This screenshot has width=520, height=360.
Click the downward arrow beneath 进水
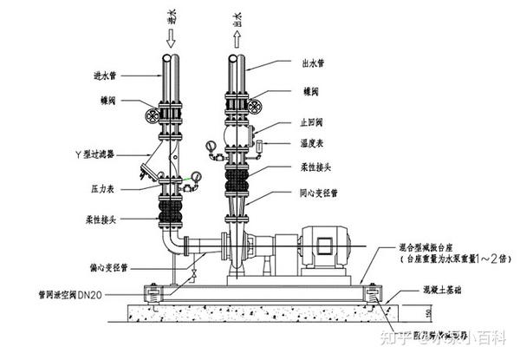[x=171, y=37]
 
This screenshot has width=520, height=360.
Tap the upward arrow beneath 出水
[x=237, y=37]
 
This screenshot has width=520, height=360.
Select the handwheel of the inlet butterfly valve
[x=153, y=115]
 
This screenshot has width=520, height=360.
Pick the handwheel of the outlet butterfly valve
[x=255, y=105]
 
